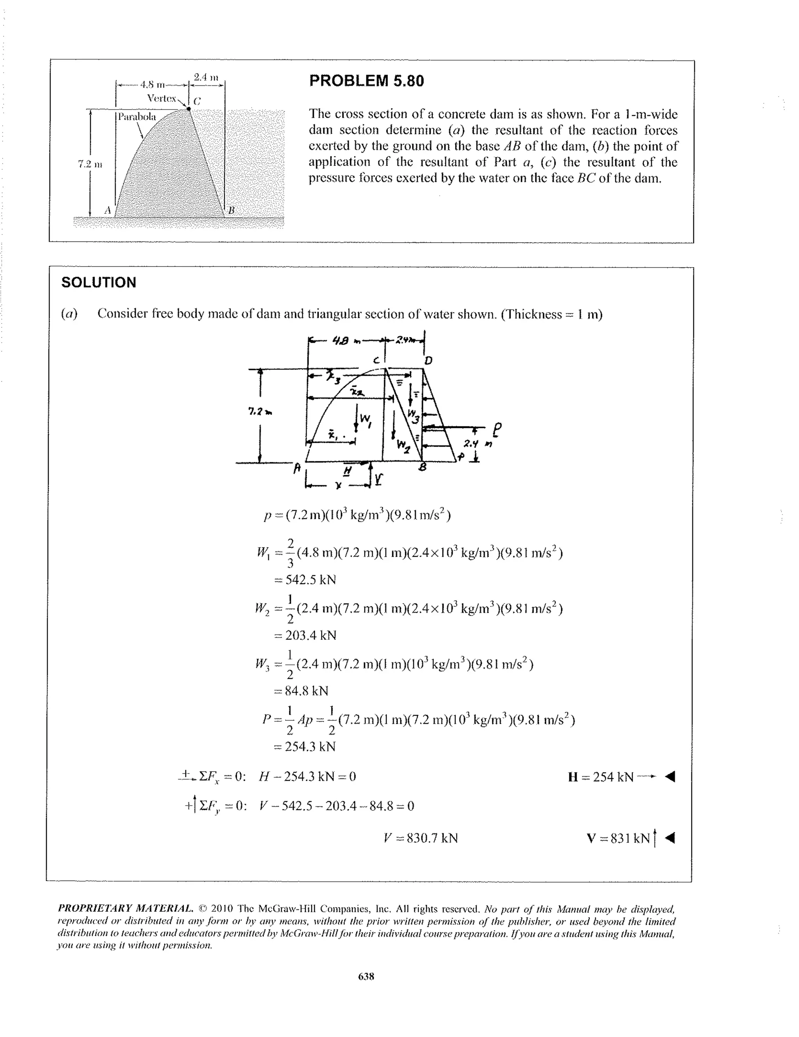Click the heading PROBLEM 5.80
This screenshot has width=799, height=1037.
366,81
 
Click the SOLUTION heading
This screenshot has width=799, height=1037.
99,282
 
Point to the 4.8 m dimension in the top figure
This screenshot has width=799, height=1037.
153,85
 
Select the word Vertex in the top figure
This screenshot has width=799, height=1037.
162,98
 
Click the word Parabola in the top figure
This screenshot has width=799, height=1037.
137,116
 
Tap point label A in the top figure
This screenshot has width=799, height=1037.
108,210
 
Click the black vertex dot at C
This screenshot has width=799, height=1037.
188,109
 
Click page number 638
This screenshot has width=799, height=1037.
366,976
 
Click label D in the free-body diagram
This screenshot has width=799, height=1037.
428,361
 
